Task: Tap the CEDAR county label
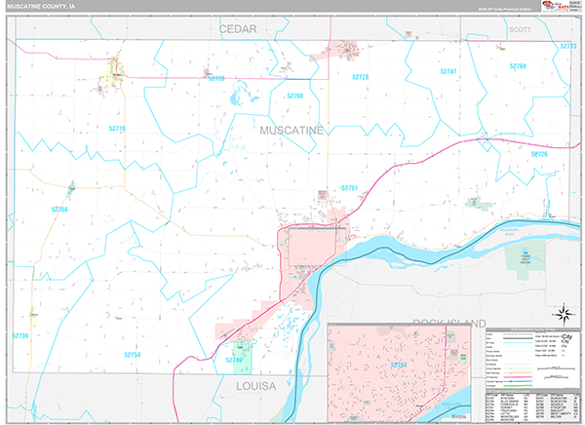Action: click(x=237, y=29)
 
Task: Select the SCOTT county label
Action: click(x=521, y=30)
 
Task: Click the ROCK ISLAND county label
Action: click(x=448, y=323)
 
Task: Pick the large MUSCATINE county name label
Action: click(x=291, y=129)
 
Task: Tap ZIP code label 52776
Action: click(x=118, y=129)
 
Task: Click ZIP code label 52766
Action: click(x=60, y=209)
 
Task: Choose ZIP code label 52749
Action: click(x=233, y=361)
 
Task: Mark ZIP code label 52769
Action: click(x=517, y=66)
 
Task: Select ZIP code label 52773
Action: click(x=568, y=46)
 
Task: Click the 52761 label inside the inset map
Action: click(x=398, y=364)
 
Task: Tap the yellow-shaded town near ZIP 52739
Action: click(x=34, y=315)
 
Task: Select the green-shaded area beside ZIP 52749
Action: click(x=243, y=356)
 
